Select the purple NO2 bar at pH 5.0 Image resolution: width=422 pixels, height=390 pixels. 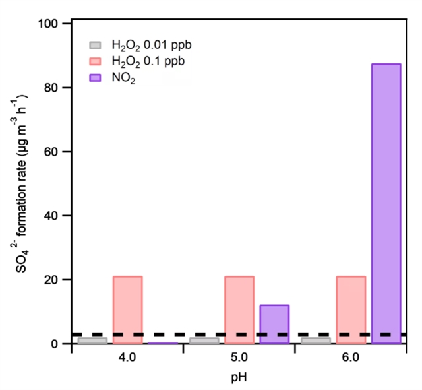click(x=274, y=324)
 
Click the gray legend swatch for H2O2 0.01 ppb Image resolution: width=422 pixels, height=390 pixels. click(x=96, y=46)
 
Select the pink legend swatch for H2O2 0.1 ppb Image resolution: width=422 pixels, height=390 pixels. click(x=96, y=61)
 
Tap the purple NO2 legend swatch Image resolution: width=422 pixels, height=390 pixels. click(x=96, y=78)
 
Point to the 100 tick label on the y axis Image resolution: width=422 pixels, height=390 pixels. click(x=51, y=24)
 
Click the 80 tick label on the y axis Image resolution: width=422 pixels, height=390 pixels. click(x=54, y=88)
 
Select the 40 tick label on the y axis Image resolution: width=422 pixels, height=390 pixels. click(x=54, y=216)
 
